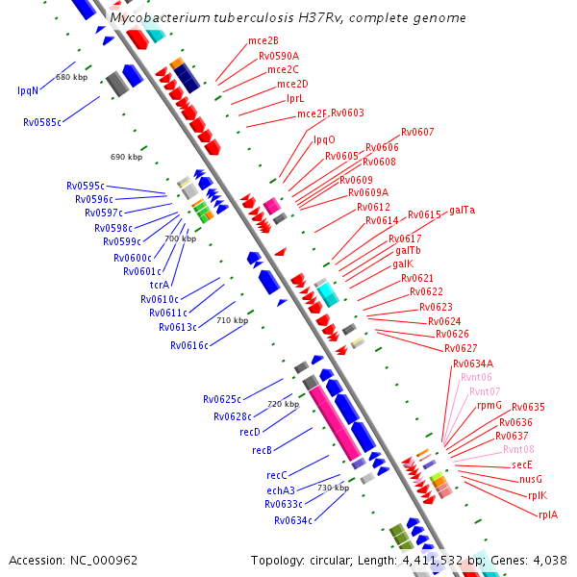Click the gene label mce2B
point(263,40)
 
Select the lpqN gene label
point(28,90)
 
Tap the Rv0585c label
point(42,122)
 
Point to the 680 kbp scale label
point(72,77)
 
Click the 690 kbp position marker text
point(126,157)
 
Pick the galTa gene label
point(463,210)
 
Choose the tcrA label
point(160,285)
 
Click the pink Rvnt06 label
point(476,377)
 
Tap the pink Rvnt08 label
point(518,449)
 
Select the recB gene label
point(262,450)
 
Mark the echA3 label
point(281,490)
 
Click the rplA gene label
point(548,514)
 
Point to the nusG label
point(531,479)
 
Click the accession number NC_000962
point(104,561)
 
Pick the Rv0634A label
point(473,364)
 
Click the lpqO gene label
point(324,139)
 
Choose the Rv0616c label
point(189,345)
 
